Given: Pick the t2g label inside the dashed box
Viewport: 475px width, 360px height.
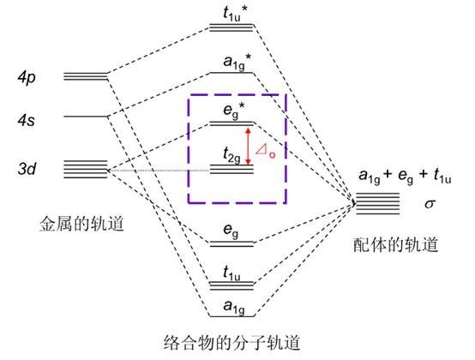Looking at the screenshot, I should pyautogui.click(x=230, y=156).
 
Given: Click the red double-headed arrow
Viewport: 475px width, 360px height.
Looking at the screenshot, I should pyautogui.click(x=248, y=146).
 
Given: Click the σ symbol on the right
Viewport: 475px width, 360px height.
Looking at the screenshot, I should pyautogui.click(x=430, y=205).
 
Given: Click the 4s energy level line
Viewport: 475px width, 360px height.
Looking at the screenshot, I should pyautogui.click(x=85, y=116).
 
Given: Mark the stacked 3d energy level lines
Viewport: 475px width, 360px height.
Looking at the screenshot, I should pyautogui.click(x=85, y=168).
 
